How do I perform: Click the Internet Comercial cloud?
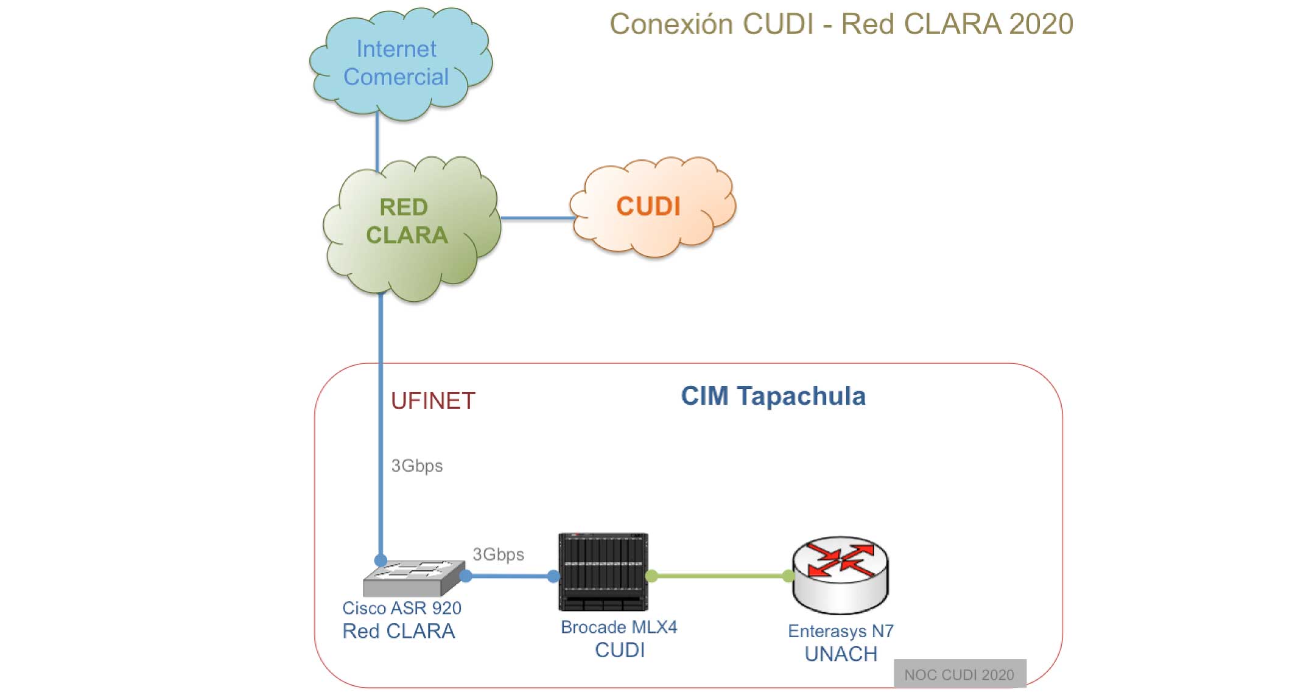[x=401, y=63]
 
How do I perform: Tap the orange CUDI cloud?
[x=652, y=207]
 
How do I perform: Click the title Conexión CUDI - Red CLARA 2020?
[x=841, y=24]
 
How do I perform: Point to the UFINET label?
[x=433, y=401]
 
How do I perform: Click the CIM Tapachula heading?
[x=773, y=396]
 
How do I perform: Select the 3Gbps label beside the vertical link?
[x=417, y=466]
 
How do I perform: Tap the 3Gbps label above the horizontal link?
[x=499, y=554]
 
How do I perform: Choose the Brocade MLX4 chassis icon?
[x=603, y=572]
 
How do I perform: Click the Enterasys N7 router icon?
[x=840, y=575]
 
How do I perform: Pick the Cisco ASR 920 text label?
[x=402, y=608]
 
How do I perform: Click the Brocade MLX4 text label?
[x=619, y=627]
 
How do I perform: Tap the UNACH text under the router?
[x=841, y=654]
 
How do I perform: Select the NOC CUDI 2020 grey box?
[x=960, y=674]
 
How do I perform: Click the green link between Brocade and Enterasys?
[x=720, y=576]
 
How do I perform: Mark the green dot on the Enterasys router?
[x=788, y=576]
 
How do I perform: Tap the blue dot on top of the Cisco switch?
[x=381, y=560]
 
